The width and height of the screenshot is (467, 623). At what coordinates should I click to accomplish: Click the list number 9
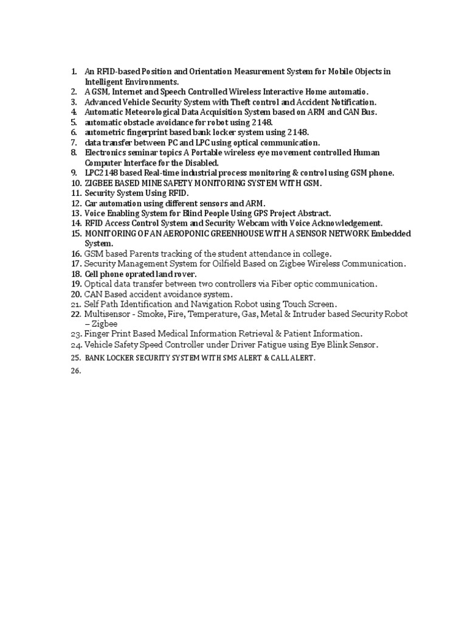coord(75,173)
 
